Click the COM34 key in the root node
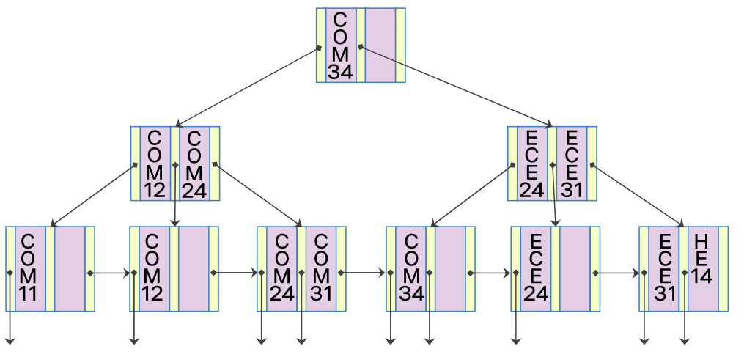pyautogui.click(x=340, y=45)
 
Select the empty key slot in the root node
pyautogui.click(x=380, y=45)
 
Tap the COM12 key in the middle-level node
pyautogui.click(x=155, y=164)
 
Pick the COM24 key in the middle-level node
pyautogui.click(x=194, y=164)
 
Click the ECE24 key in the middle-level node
pyautogui.click(x=531, y=164)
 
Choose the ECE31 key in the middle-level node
pyautogui.click(x=572, y=164)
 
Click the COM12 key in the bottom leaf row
pyautogui.click(x=153, y=269)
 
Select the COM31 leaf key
pyautogui.click(x=320, y=269)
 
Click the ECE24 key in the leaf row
pyautogui.click(x=535, y=269)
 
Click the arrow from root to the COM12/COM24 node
pyautogui.click(x=248, y=87)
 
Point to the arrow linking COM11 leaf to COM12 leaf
pyautogui.click(x=110, y=273)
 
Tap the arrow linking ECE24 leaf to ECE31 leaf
pyautogui.click(x=616, y=273)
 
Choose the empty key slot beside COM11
pyautogui.click(x=70, y=269)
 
